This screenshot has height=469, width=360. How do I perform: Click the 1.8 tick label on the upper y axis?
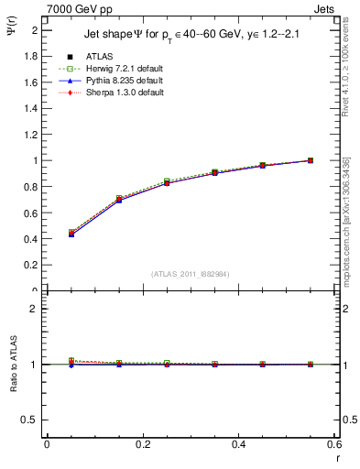point(32,56)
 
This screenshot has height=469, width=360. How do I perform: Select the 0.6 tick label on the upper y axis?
point(32,213)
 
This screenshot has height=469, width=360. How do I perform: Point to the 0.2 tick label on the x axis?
point(142,444)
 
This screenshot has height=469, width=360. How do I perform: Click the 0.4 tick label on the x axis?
point(238,444)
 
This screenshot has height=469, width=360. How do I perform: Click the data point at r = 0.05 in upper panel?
point(71,233)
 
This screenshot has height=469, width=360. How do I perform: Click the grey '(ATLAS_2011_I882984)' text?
point(190,273)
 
